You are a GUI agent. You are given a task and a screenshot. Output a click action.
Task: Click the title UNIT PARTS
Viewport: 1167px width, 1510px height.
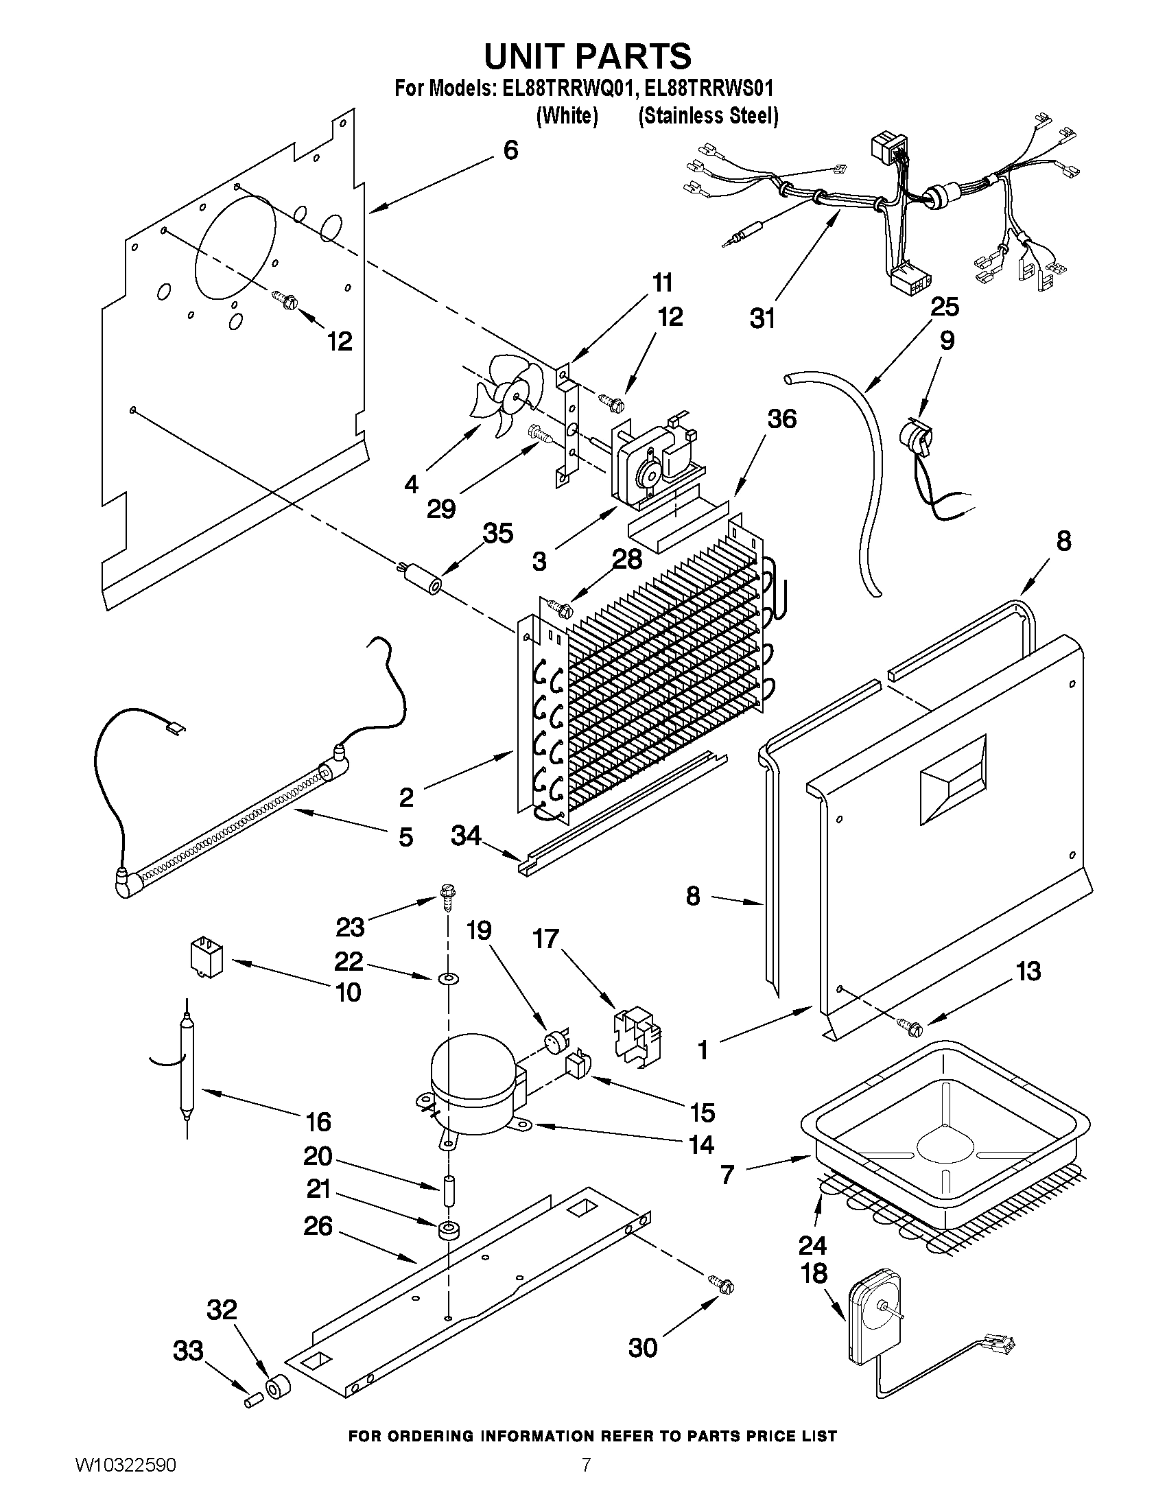587,56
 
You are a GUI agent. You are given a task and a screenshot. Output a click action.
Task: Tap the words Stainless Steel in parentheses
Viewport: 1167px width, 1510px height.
708,115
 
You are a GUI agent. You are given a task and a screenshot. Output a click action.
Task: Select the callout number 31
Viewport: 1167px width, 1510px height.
762,319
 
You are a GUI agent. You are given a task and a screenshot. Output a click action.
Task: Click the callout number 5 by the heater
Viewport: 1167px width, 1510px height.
406,836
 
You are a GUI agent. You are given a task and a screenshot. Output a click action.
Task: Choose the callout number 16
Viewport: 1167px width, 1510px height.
318,1122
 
